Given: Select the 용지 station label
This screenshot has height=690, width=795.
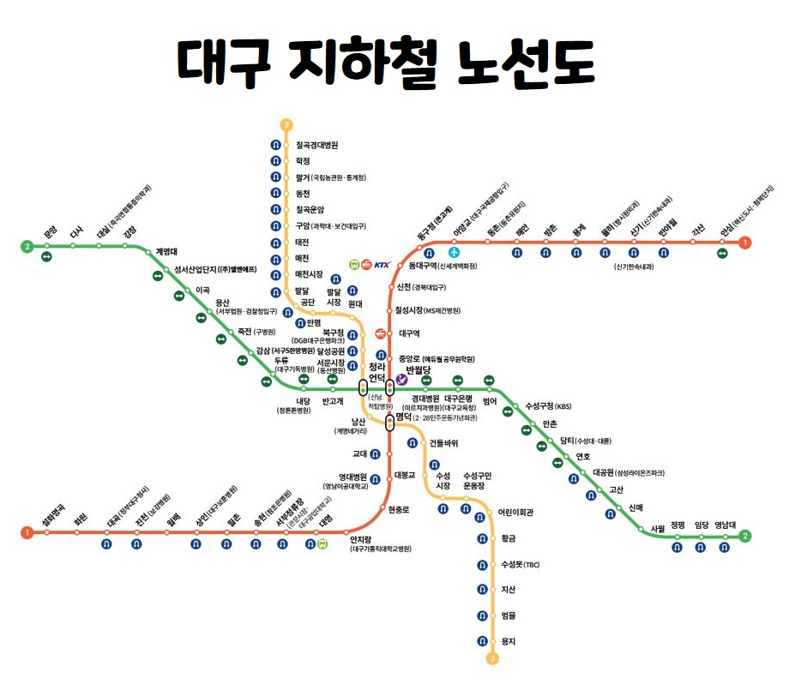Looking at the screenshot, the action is pyautogui.click(x=509, y=641).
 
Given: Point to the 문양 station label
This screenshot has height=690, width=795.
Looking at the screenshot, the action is pyautogui.click(x=50, y=231).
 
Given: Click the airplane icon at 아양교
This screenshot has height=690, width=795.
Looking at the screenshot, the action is pyautogui.click(x=455, y=253).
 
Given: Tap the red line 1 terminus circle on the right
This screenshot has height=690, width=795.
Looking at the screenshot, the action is pyautogui.click(x=745, y=243).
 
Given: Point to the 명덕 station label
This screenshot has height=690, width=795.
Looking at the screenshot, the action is pyautogui.click(x=407, y=417).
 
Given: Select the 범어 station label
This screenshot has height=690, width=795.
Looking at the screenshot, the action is pyautogui.click(x=490, y=399).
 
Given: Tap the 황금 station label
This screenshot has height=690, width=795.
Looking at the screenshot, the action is pyautogui.click(x=508, y=538).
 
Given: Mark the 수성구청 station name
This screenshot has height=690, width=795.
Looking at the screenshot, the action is pyautogui.click(x=539, y=406).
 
